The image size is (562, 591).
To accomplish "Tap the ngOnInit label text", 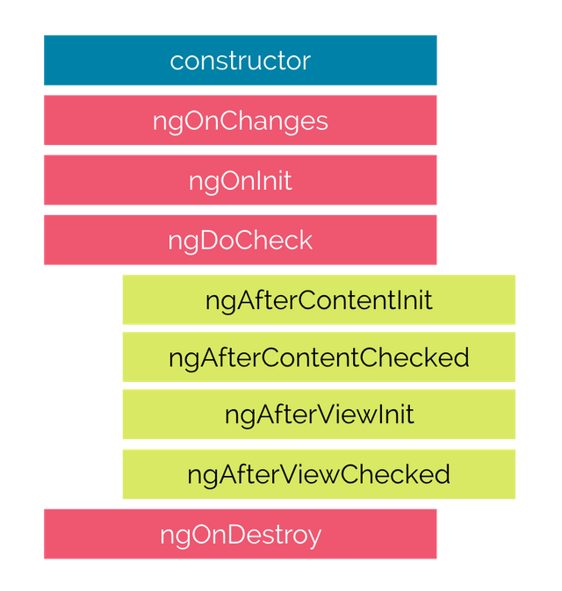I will pyautogui.click(x=240, y=181).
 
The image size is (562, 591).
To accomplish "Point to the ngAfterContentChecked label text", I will pyautogui.click(x=319, y=358).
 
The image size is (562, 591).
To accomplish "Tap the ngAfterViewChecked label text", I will pyautogui.click(x=319, y=475).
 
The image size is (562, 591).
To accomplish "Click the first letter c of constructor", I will pyautogui.click(x=176, y=61).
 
